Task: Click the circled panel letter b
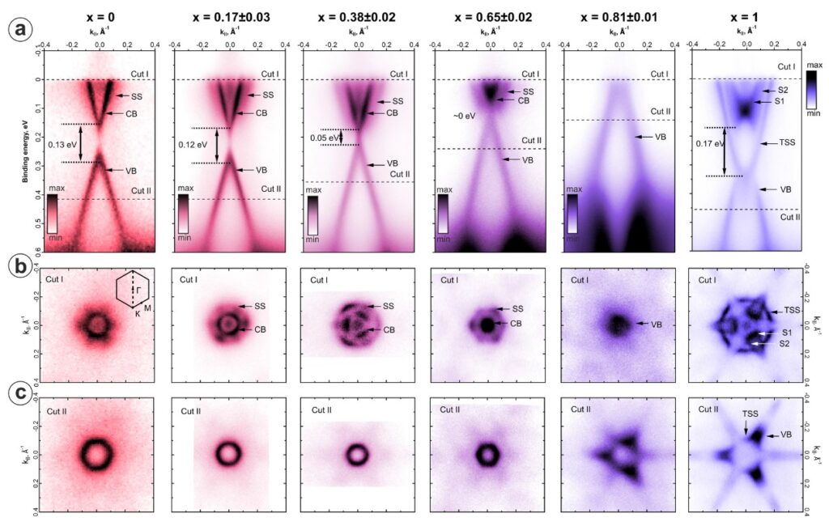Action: [19, 265]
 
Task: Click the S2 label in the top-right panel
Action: [782, 90]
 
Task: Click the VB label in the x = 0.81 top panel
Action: [661, 138]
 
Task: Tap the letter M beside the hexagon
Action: [148, 308]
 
